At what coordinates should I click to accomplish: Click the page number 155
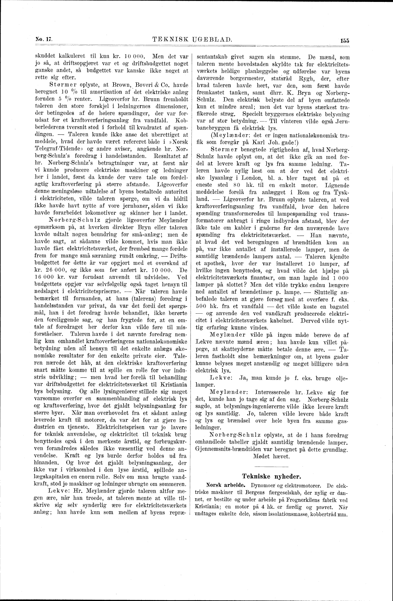pyautogui.click(x=345, y=40)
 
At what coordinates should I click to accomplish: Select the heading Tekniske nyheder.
pyautogui.click(x=271, y=476)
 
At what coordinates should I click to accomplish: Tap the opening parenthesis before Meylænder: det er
pyautogui.click(x=211, y=135)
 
